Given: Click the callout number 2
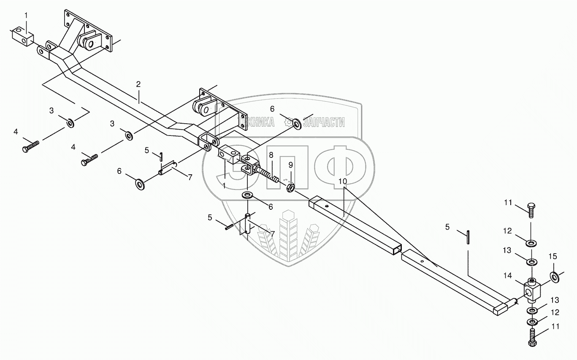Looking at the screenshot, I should (138, 84).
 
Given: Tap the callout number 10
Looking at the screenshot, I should (343, 181).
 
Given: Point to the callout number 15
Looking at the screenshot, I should (553, 256).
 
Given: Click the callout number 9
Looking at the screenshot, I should (290, 164).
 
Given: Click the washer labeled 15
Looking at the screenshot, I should (554, 277).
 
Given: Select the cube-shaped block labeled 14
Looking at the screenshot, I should (531, 289).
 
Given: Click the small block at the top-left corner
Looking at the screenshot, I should (22, 36).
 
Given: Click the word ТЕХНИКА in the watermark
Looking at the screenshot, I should (255, 122).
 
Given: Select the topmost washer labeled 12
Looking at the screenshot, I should (531, 243).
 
